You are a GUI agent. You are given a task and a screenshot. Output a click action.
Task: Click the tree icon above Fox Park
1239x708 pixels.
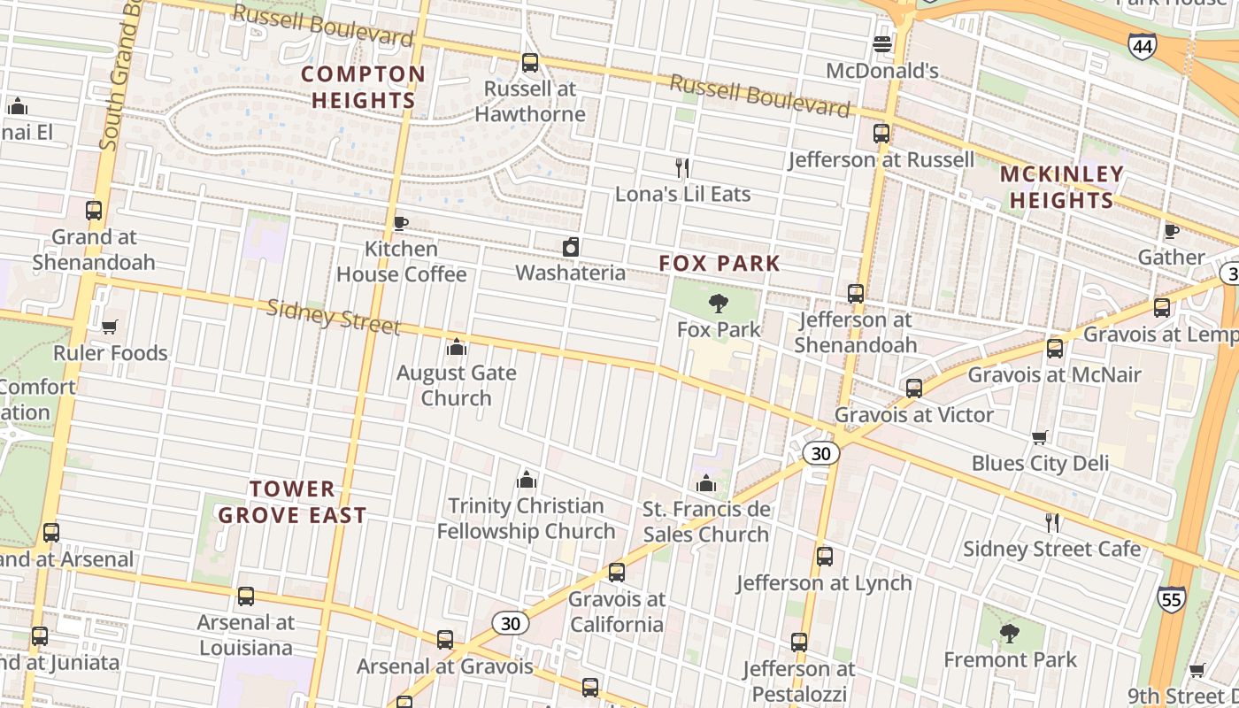pos(719,304)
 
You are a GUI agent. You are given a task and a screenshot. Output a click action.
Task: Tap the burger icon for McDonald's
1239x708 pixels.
pos(882,43)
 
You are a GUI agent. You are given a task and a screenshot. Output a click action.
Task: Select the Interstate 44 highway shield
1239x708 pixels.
pos(1141,46)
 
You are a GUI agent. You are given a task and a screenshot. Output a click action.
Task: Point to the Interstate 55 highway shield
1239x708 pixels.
pos(1171,599)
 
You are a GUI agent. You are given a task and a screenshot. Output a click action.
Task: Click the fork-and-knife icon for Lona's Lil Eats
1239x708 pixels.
pos(682,168)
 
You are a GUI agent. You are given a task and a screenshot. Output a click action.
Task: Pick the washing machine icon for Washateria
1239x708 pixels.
pos(571,247)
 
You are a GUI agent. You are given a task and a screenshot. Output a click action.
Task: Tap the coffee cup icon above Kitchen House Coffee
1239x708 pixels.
pos(400,223)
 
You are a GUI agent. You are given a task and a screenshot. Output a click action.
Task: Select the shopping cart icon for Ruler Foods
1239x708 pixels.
pos(110,327)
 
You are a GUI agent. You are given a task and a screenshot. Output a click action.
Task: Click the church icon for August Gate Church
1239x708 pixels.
pos(457,347)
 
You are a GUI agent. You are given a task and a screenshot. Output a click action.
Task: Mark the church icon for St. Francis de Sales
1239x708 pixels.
pos(705,483)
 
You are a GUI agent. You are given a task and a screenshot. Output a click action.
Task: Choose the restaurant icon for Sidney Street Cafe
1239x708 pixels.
pos(1052,523)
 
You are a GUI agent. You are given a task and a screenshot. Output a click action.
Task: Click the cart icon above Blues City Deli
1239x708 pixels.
pos(1040,437)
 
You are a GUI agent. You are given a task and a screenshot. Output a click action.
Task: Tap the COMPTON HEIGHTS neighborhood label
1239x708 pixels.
pos(363,87)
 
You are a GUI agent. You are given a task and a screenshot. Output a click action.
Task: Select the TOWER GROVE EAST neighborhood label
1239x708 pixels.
pos(292,502)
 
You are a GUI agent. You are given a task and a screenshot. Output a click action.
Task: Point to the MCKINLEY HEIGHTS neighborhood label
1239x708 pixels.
pos(1062,187)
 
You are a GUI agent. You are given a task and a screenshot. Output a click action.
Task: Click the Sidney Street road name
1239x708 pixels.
pos(333,316)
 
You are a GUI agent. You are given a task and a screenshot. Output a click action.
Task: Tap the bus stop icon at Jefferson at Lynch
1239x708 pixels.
pos(825,557)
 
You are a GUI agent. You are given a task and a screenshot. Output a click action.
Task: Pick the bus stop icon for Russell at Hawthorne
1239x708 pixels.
pos(530,63)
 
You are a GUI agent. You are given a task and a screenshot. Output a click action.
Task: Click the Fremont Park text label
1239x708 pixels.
pos(1010,660)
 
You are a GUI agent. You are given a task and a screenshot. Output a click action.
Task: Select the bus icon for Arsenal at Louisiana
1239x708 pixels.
pos(246,596)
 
